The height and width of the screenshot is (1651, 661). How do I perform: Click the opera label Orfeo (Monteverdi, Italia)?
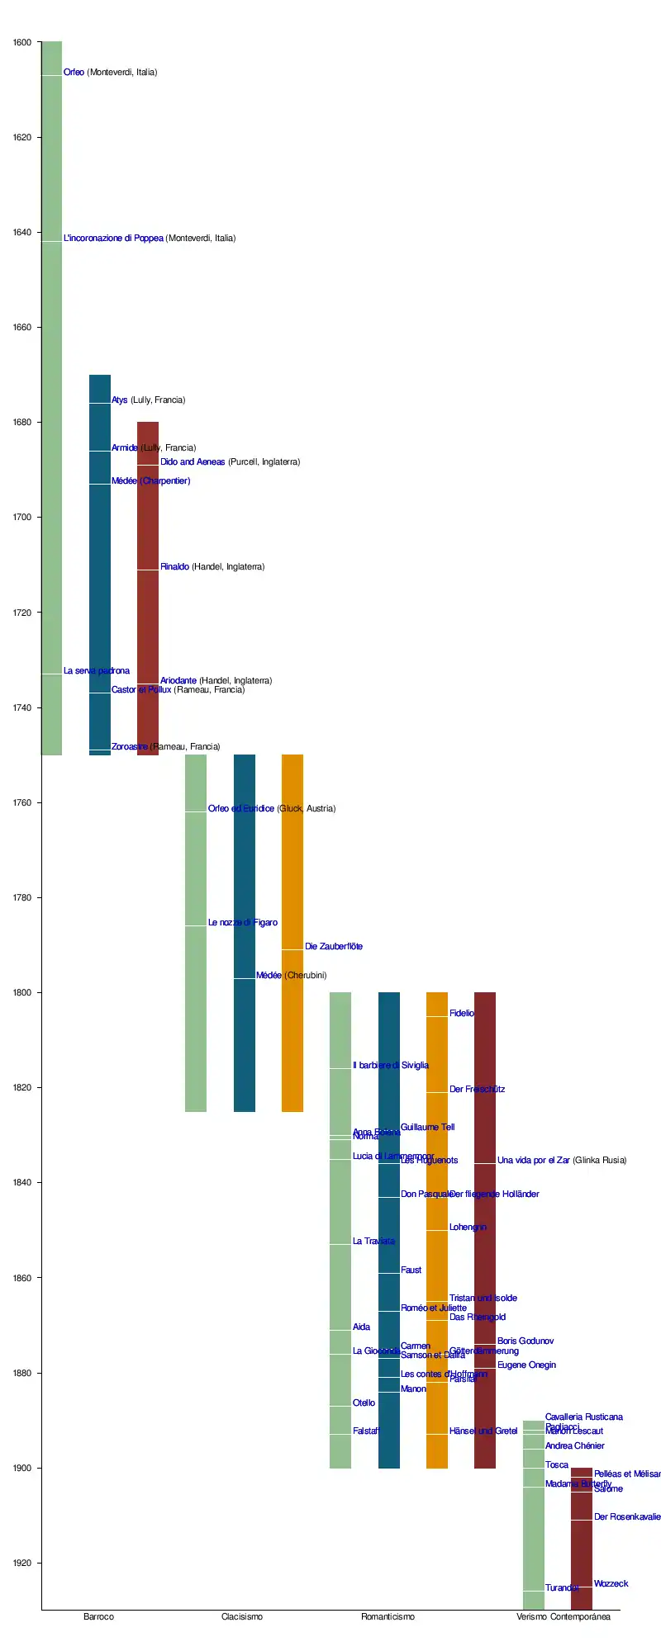(x=110, y=73)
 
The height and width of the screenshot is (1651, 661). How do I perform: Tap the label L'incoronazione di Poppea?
(x=150, y=239)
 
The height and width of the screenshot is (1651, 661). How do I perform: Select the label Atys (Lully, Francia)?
(x=148, y=400)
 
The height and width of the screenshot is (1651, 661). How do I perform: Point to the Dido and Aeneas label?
(x=230, y=462)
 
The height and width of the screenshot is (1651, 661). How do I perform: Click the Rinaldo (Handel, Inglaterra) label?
(x=212, y=567)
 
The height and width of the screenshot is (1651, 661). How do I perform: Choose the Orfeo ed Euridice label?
(x=272, y=809)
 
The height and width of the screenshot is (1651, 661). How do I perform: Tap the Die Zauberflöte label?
(x=334, y=947)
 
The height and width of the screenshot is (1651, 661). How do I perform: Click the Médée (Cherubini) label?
(x=292, y=976)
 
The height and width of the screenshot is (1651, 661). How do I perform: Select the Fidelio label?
(x=462, y=1014)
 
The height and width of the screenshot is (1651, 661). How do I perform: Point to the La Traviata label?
(x=373, y=1242)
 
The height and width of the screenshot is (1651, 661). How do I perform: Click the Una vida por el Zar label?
(x=562, y=1161)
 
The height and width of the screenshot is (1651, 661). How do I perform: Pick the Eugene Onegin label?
(x=526, y=1365)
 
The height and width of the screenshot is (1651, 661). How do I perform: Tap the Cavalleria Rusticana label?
(x=584, y=1417)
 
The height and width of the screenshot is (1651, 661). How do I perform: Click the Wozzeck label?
(x=611, y=1584)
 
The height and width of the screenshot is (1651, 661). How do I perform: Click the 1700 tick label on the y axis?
(x=22, y=518)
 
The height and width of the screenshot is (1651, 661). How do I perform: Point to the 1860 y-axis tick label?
(x=22, y=1279)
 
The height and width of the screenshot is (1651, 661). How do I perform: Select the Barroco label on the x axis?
(x=99, y=1617)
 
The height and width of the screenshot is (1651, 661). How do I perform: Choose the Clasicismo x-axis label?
(x=242, y=1617)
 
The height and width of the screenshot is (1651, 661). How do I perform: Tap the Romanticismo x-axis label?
(x=388, y=1617)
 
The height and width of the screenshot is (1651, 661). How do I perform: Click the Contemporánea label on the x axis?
(x=580, y=1617)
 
